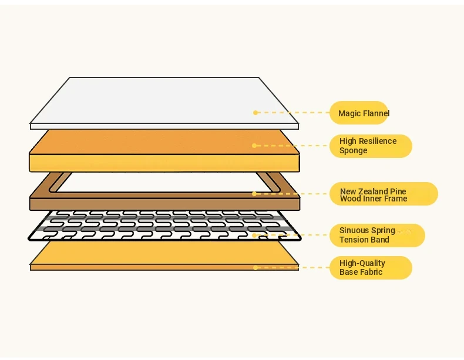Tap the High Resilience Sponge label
(x=371, y=146)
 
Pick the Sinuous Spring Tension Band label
(x=376, y=235)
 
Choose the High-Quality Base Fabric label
(x=371, y=268)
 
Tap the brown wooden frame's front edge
(x=164, y=204)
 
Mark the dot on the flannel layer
(x=255, y=113)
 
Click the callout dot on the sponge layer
(x=254, y=146)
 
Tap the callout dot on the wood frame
(x=254, y=193)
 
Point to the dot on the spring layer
(x=254, y=235)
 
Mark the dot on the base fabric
(x=255, y=268)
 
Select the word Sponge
(x=354, y=151)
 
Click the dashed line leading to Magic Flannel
(x=294, y=113)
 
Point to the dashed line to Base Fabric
(x=294, y=268)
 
